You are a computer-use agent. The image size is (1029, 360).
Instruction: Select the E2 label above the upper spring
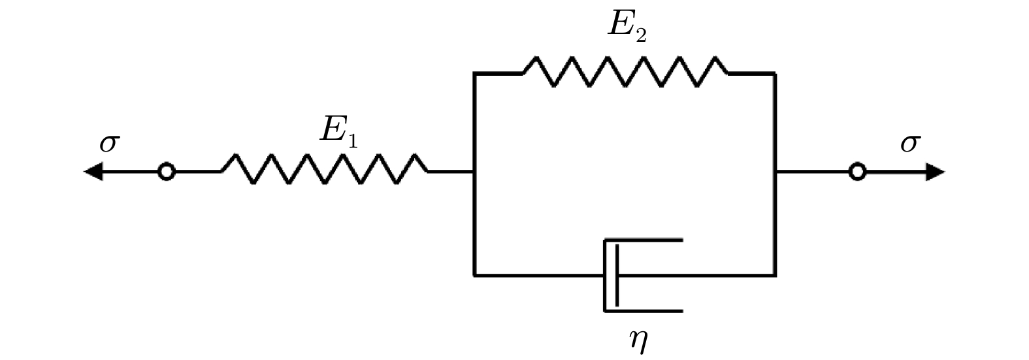[x=627, y=25]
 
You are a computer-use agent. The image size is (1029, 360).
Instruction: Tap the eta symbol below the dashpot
[x=638, y=340]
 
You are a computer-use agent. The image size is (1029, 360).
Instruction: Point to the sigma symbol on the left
[x=110, y=143]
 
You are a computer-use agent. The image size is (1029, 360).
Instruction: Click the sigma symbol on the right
[x=910, y=143]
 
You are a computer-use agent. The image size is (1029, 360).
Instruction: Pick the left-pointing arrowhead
[x=93, y=172]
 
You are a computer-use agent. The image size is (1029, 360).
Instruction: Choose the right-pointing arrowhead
[x=935, y=172]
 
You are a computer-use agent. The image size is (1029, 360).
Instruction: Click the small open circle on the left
[x=167, y=172]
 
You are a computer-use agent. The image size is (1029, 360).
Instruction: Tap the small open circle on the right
[x=857, y=172]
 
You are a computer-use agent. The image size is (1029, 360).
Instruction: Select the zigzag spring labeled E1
[x=324, y=169]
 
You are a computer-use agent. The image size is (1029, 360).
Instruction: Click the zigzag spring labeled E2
[x=625, y=72]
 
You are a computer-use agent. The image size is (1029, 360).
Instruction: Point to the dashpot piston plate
[x=617, y=276]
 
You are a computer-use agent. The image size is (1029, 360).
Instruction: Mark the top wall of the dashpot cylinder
[x=643, y=240]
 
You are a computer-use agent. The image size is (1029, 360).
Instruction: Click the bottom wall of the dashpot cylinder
[x=643, y=311]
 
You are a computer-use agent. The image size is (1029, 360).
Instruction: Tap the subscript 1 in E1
[x=352, y=140]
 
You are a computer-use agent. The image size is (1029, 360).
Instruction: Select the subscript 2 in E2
[x=642, y=35]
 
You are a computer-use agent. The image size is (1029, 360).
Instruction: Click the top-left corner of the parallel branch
[x=474, y=73]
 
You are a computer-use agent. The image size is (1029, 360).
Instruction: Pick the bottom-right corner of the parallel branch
[x=775, y=276]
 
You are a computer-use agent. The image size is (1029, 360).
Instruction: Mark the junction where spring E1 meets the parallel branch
[x=474, y=172]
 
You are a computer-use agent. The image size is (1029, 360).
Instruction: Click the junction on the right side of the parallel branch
[x=775, y=172]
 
